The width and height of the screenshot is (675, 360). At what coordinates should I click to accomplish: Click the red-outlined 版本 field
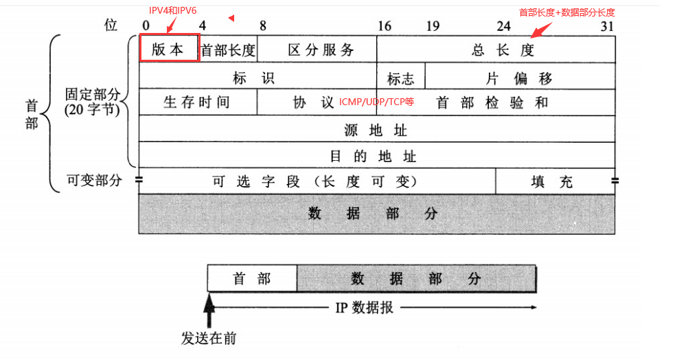pos(169,49)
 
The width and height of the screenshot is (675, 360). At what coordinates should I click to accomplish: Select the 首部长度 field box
pos(227,49)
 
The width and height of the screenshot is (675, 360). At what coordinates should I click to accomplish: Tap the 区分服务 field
pos(317,49)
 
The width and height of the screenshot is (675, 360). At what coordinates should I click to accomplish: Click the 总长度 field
pos(496,49)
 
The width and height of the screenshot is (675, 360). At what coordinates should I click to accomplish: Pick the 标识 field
pos(258,76)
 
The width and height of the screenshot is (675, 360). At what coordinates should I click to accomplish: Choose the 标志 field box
pos(400,77)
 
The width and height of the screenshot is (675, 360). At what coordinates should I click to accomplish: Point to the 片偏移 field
pos(520,77)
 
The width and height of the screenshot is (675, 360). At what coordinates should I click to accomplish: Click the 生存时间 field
pos(198,102)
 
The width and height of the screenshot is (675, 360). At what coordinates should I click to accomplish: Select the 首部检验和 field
pos(493,102)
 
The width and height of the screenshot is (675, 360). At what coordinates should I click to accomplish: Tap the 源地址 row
pos(376,129)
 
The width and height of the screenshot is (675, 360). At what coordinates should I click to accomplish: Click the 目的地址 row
pos(376,155)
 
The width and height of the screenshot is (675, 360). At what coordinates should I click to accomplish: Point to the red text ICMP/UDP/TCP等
pos(377,102)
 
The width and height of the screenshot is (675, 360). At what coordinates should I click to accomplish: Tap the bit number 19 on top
pos(433,26)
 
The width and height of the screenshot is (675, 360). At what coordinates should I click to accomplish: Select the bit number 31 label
pos(607,26)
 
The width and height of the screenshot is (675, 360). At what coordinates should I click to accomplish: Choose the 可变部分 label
pos(94,180)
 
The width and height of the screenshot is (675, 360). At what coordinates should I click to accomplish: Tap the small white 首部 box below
pos(252,278)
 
